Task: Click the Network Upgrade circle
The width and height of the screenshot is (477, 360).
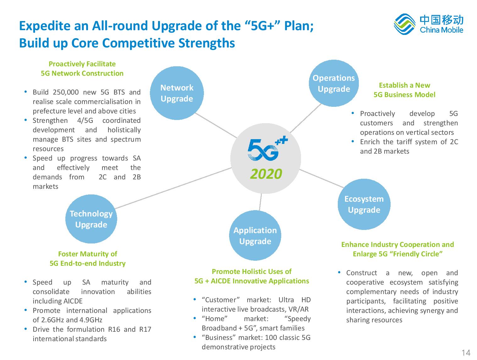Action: tap(177, 93)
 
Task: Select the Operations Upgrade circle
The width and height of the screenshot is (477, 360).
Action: tap(334, 83)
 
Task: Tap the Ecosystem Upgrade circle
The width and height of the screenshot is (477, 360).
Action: tap(364, 204)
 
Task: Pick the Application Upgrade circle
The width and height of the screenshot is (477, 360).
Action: tap(255, 235)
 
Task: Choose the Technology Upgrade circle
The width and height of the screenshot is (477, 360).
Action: tap(91, 219)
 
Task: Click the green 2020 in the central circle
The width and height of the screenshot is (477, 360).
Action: tap(266, 174)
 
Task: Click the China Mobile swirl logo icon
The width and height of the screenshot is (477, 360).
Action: tap(404, 24)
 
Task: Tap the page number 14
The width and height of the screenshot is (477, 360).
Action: tap(466, 352)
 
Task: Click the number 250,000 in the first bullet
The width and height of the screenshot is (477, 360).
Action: tap(66, 92)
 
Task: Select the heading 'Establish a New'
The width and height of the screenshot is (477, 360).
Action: tap(404, 85)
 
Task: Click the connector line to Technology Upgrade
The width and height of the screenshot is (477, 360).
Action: tap(173, 188)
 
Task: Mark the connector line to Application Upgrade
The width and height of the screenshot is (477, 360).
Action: tap(260, 202)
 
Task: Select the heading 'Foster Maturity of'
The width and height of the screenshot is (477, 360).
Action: tap(88, 254)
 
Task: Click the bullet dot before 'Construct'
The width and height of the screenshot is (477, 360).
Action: tap(339, 272)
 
